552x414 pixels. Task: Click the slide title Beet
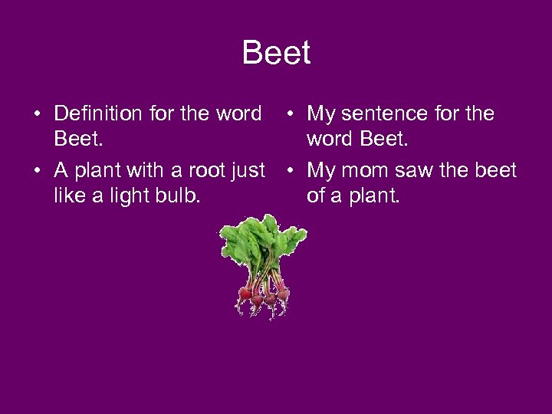(276, 54)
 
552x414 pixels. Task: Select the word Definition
(98, 114)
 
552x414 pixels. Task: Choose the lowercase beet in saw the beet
(497, 170)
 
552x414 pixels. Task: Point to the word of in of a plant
(316, 196)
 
